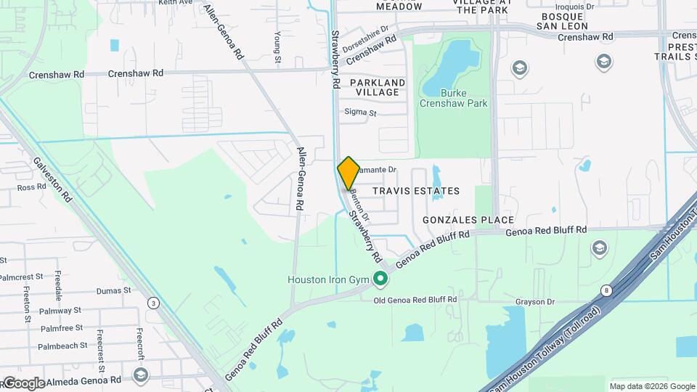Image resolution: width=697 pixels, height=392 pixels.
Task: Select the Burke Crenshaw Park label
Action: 454,98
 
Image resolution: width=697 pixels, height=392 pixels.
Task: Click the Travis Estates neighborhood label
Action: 416,191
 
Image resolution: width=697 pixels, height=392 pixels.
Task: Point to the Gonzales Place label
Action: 469,220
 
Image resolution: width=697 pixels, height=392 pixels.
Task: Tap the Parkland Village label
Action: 378,88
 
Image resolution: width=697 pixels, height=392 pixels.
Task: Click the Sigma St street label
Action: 360,113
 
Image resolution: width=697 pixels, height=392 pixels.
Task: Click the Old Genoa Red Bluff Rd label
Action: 415,299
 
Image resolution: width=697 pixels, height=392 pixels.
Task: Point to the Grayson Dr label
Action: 535,301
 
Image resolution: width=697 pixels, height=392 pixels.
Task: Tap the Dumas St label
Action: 114,290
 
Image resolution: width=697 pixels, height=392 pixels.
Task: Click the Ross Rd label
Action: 31,187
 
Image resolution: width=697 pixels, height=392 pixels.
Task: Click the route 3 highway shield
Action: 153,302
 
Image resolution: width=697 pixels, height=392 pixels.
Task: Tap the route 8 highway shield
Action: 606,291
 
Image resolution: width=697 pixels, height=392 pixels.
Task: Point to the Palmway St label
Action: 60,311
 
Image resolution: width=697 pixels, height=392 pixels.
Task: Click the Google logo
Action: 23,383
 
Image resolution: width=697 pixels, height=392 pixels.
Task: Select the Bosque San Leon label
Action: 566,21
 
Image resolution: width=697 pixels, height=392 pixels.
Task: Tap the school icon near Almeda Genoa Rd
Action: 141,375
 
